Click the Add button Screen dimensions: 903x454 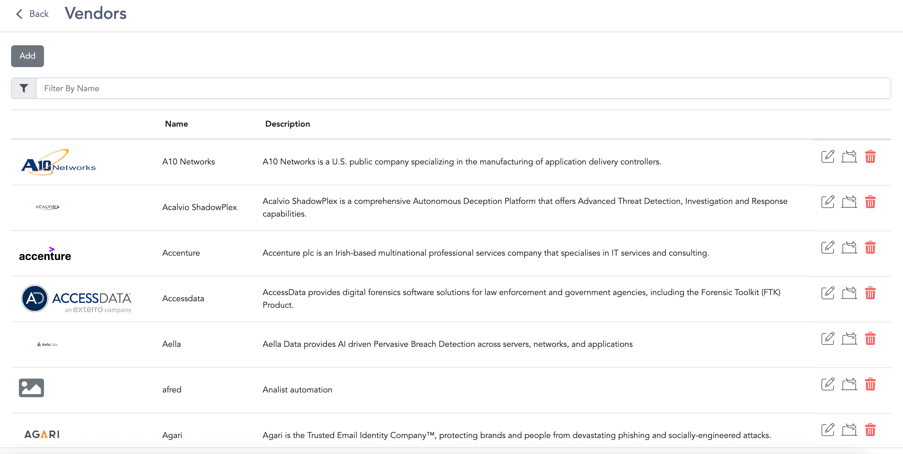coord(27,56)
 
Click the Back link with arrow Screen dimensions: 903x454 coord(32,14)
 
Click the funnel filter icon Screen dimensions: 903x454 coord(24,88)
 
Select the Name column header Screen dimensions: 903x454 coord(176,124)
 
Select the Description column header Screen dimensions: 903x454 coord(288,124)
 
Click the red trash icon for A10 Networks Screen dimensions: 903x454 coord(870,157)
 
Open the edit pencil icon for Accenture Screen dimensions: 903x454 coord(828,247)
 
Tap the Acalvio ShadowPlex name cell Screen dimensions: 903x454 coord(200,207)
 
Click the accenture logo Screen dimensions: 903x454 coord(45,254)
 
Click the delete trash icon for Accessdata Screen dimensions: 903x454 coord(870,293)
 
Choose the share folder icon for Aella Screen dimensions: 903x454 coord(849,338)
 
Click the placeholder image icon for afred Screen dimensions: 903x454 coord(32,388)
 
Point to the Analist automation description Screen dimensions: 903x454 coord(297,390)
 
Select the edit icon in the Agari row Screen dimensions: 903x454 coord(828,430)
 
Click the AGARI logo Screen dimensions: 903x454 coord(42,435)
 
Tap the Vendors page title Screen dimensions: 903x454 coord(95,14)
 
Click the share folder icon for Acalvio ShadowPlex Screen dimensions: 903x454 coord(849,202)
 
